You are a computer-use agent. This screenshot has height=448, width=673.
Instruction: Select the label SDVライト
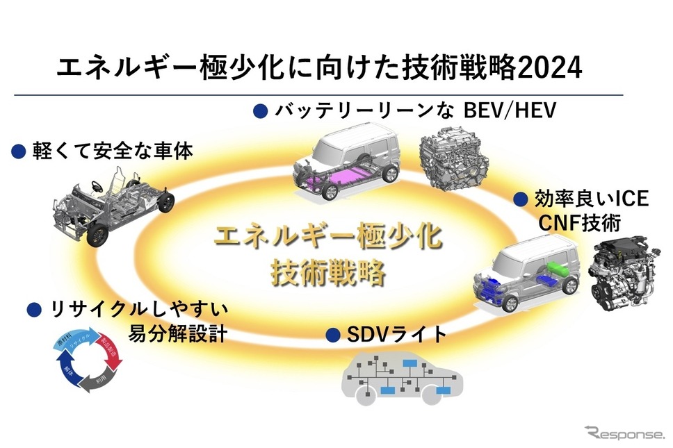(396, 335)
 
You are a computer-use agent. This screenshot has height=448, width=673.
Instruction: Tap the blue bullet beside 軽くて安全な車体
(19, 151)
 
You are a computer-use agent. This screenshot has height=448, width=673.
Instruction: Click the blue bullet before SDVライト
(333, 335)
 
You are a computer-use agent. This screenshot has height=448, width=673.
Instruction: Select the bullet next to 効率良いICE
(521, 200)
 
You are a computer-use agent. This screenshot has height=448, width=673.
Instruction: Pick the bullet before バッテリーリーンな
(260, 110)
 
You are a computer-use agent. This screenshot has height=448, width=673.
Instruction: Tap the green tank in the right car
(556, 269)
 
